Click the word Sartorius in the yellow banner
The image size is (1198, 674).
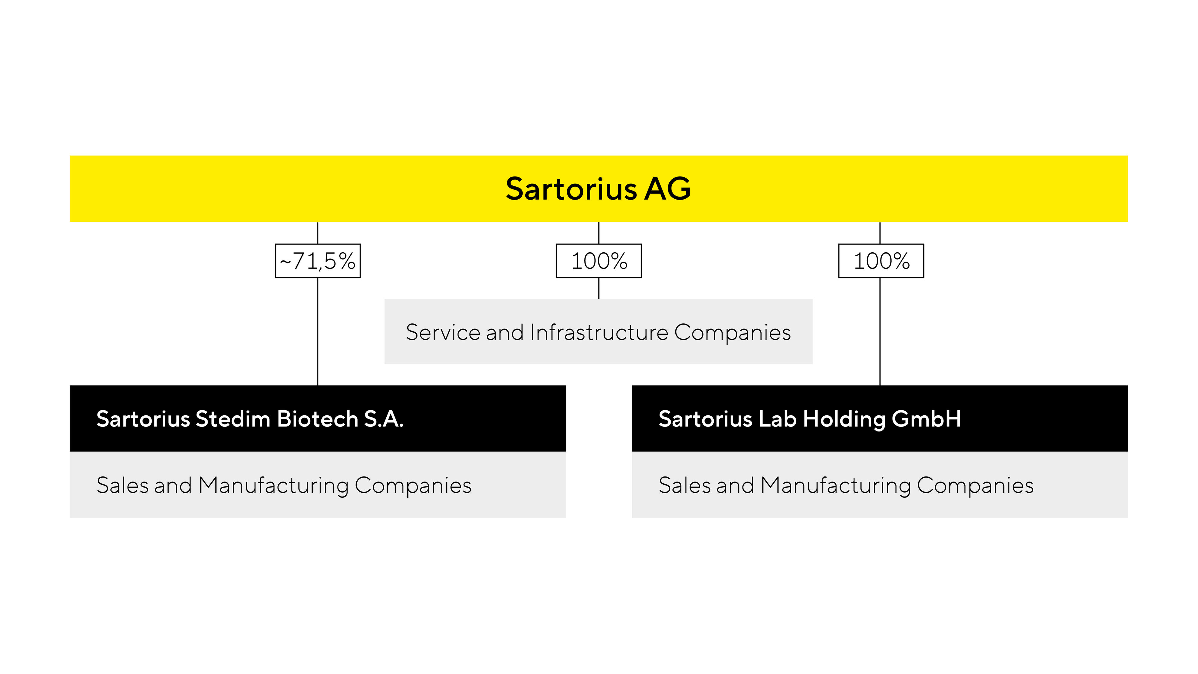[x=571, y=189]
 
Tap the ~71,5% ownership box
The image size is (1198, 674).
[x=318, y=261]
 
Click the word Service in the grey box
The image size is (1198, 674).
[x=443, y=332]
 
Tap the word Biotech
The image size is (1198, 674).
[x=318, y=419]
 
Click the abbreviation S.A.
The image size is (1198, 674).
[x=384, y=419]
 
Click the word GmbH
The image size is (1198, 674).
[x=926, y=419]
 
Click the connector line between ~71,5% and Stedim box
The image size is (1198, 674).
[x=318, y=332]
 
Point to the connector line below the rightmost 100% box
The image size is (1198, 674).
[x=880, y=332]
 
